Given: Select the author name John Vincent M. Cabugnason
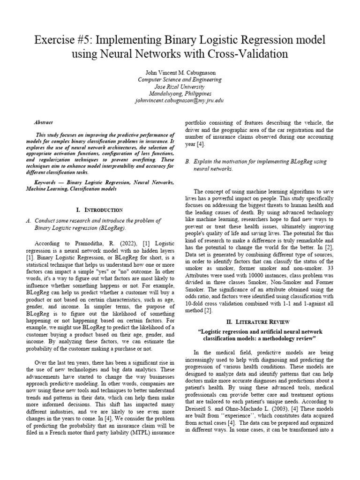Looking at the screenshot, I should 180,72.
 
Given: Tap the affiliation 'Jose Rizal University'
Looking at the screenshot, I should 180,87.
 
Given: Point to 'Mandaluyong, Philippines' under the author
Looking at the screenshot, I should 180,94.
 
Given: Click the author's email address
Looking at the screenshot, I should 180,101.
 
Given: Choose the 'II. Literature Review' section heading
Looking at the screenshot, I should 259,322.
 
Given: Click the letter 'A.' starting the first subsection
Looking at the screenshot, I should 29,220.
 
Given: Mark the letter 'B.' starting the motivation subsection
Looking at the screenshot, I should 187,161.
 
